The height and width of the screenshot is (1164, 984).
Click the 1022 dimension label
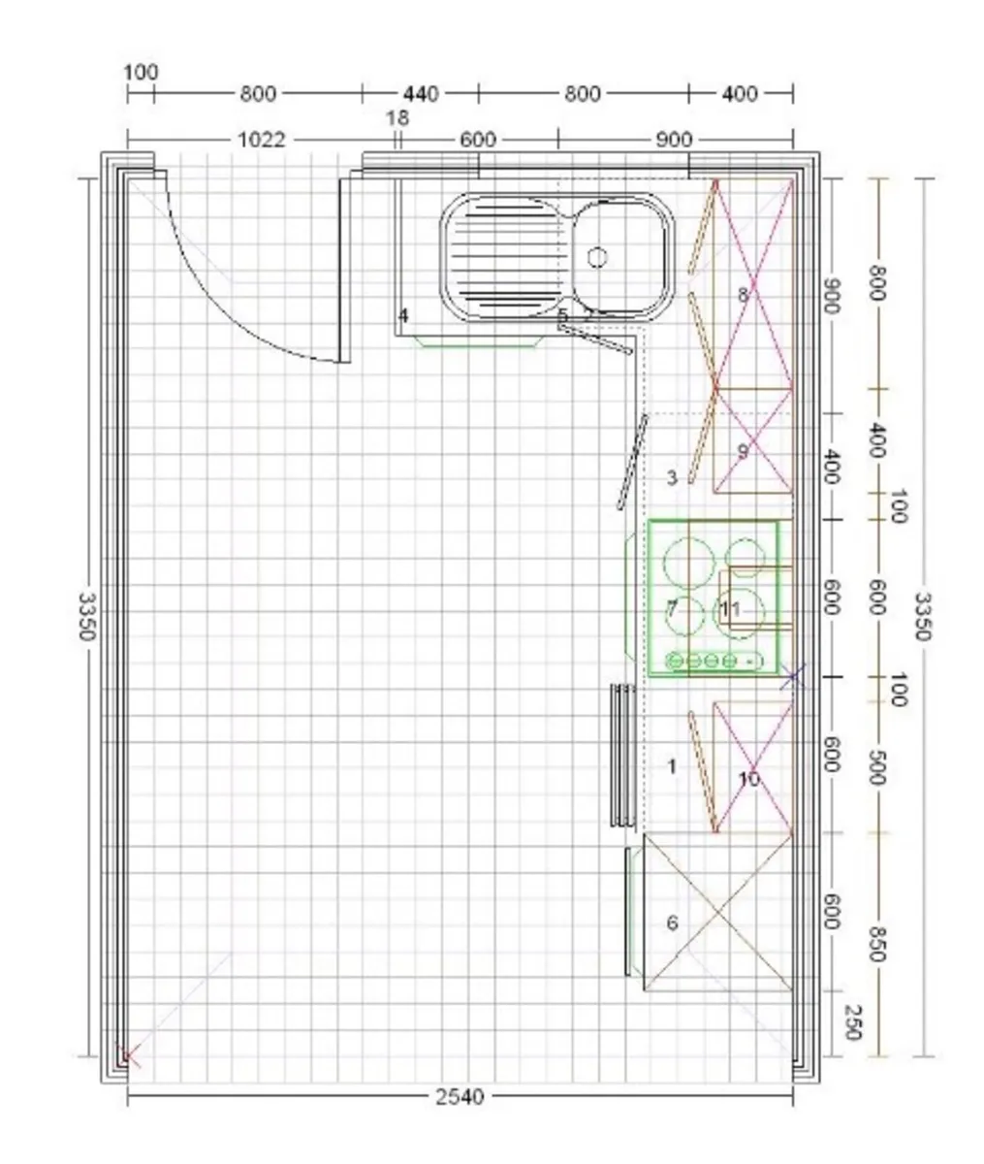click(x=262, y=140)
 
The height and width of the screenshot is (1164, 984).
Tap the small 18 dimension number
click(x=397, y=118)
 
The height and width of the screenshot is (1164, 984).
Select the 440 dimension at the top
click(x=420, y=94)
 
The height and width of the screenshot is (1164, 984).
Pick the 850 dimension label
click(x=876, y=944)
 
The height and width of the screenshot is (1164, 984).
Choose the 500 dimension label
click(x=876, y=767)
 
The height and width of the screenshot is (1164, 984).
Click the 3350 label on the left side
click(x=86, y=617)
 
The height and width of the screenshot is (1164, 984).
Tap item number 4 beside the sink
click(x=403, y=315)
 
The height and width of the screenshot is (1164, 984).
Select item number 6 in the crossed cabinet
click(x=672, y=922)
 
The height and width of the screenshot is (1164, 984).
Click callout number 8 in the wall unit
click(x=744, y=294)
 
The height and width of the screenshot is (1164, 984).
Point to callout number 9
click(x=744, y=451)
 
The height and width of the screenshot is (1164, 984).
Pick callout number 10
click(x=748, y=779)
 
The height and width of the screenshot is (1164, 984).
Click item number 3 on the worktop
click(x=672, y=477)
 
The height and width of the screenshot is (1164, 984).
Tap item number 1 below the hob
click(x=672, y=766)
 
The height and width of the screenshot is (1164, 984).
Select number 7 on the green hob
click(x=671, y=609)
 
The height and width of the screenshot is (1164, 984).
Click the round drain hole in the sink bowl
click(x=598, y=257)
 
